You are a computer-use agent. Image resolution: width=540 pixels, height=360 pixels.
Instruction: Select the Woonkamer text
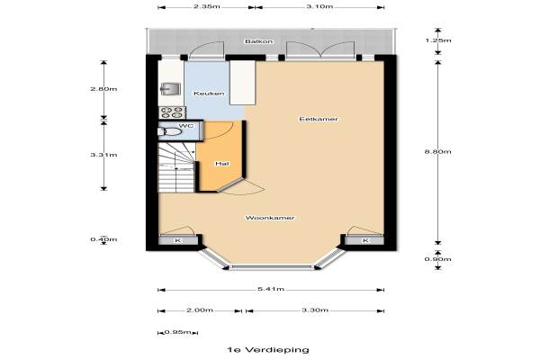[x=270, y=218]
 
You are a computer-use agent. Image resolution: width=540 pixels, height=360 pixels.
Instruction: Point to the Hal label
[x=222, y=164]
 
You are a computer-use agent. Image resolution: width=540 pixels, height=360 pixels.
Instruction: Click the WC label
[x=186, y=126]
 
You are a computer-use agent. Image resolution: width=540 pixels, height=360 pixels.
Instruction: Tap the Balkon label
[x=259, y=41]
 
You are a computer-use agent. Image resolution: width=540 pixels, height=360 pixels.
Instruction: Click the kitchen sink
[x=170, y=88]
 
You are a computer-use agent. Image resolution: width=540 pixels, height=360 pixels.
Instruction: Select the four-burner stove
[x=172, y=112]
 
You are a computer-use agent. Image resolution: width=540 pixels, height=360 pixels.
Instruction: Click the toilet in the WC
[x=169, y=131]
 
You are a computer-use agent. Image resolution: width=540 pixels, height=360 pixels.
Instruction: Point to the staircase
[x=176, y=168]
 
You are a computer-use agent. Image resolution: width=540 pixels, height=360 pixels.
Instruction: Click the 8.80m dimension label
[x=437, y=152]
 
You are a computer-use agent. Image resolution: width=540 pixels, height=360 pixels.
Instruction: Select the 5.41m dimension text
[x=271, y=289]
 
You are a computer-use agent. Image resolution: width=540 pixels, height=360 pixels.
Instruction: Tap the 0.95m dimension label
[x=177, y=332]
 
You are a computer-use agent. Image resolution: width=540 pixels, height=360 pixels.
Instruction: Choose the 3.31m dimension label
[x=103, y=155]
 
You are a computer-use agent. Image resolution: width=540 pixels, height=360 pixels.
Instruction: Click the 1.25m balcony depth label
[x=437, y=40]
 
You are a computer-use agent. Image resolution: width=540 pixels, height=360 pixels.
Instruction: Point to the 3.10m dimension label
[x=319, y=6]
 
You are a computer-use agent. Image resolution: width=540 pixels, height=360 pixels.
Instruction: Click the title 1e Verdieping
[x=268, y=350]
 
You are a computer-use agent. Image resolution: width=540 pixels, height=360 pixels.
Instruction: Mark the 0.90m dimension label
[x=437, y=259]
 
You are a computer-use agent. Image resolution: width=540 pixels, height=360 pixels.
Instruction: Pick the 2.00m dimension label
[x=200, y=310]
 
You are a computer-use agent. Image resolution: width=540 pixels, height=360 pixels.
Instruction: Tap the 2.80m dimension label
[x=103, y=89]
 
